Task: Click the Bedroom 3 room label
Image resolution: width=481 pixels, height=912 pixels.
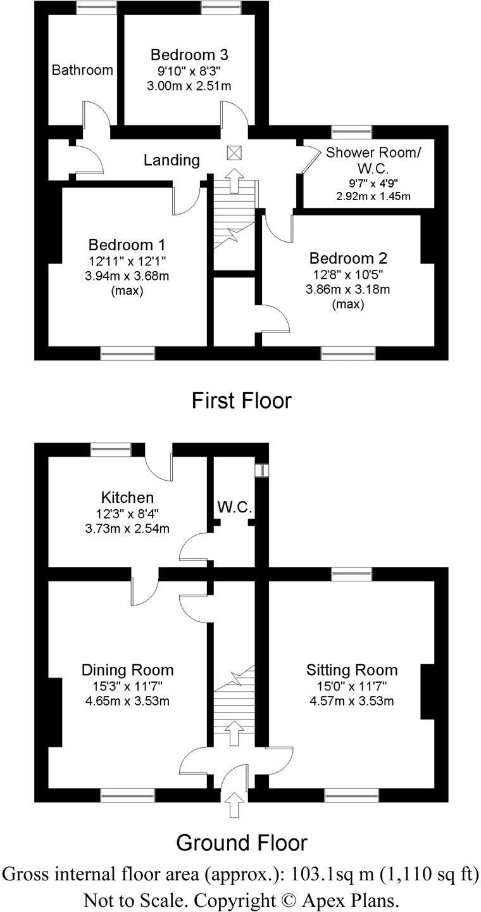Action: pyautogui.click(x=189, y=54)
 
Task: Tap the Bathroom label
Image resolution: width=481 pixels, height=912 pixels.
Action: pyautogui.click(x=82, y=70)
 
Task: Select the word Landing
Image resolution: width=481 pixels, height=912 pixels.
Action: pyautogui.click(x=172, y=160)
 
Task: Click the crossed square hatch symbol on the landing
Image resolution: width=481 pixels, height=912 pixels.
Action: pyautogui.click(x=234, y=153)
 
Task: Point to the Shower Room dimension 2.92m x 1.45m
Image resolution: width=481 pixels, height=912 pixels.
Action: pyautogui.click(x=373, y=196)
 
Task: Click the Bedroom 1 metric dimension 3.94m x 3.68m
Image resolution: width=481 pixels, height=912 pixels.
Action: pyautogui.click(x=127, y=276)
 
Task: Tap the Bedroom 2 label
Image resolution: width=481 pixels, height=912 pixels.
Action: pyautogui.click(x=348, y=258)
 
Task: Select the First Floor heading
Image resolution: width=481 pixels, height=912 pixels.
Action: pyautogui.click(x=242, y=400)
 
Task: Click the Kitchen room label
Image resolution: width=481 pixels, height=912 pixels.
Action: pyautogui.click(x=127, y=498)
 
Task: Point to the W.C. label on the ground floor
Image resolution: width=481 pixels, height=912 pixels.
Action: pyautogui.click(x=235, y=507)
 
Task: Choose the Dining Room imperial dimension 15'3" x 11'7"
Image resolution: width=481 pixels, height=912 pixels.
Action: pyautogui.click(x=127, y=687)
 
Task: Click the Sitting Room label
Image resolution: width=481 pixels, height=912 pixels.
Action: pyautogui.click(x=352, y=670)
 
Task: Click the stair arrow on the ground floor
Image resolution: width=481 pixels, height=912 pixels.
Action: pyautogui.click(x=234, y=733)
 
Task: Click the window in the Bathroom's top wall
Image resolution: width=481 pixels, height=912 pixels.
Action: pyautogui.click(x=97, y=8)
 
